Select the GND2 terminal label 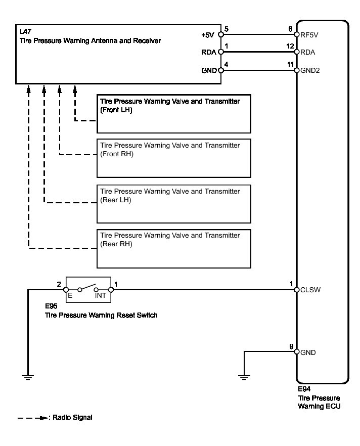309,70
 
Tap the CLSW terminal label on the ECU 309,290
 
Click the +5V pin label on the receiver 208,35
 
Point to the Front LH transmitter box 174,114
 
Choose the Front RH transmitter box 174,158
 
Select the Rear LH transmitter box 174,204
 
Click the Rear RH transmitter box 174,248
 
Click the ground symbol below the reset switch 28,376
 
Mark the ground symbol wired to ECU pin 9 244,376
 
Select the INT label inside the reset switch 101,295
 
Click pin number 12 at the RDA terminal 290,46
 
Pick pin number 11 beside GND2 290,64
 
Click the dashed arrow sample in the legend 32,418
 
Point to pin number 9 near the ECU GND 291,346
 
